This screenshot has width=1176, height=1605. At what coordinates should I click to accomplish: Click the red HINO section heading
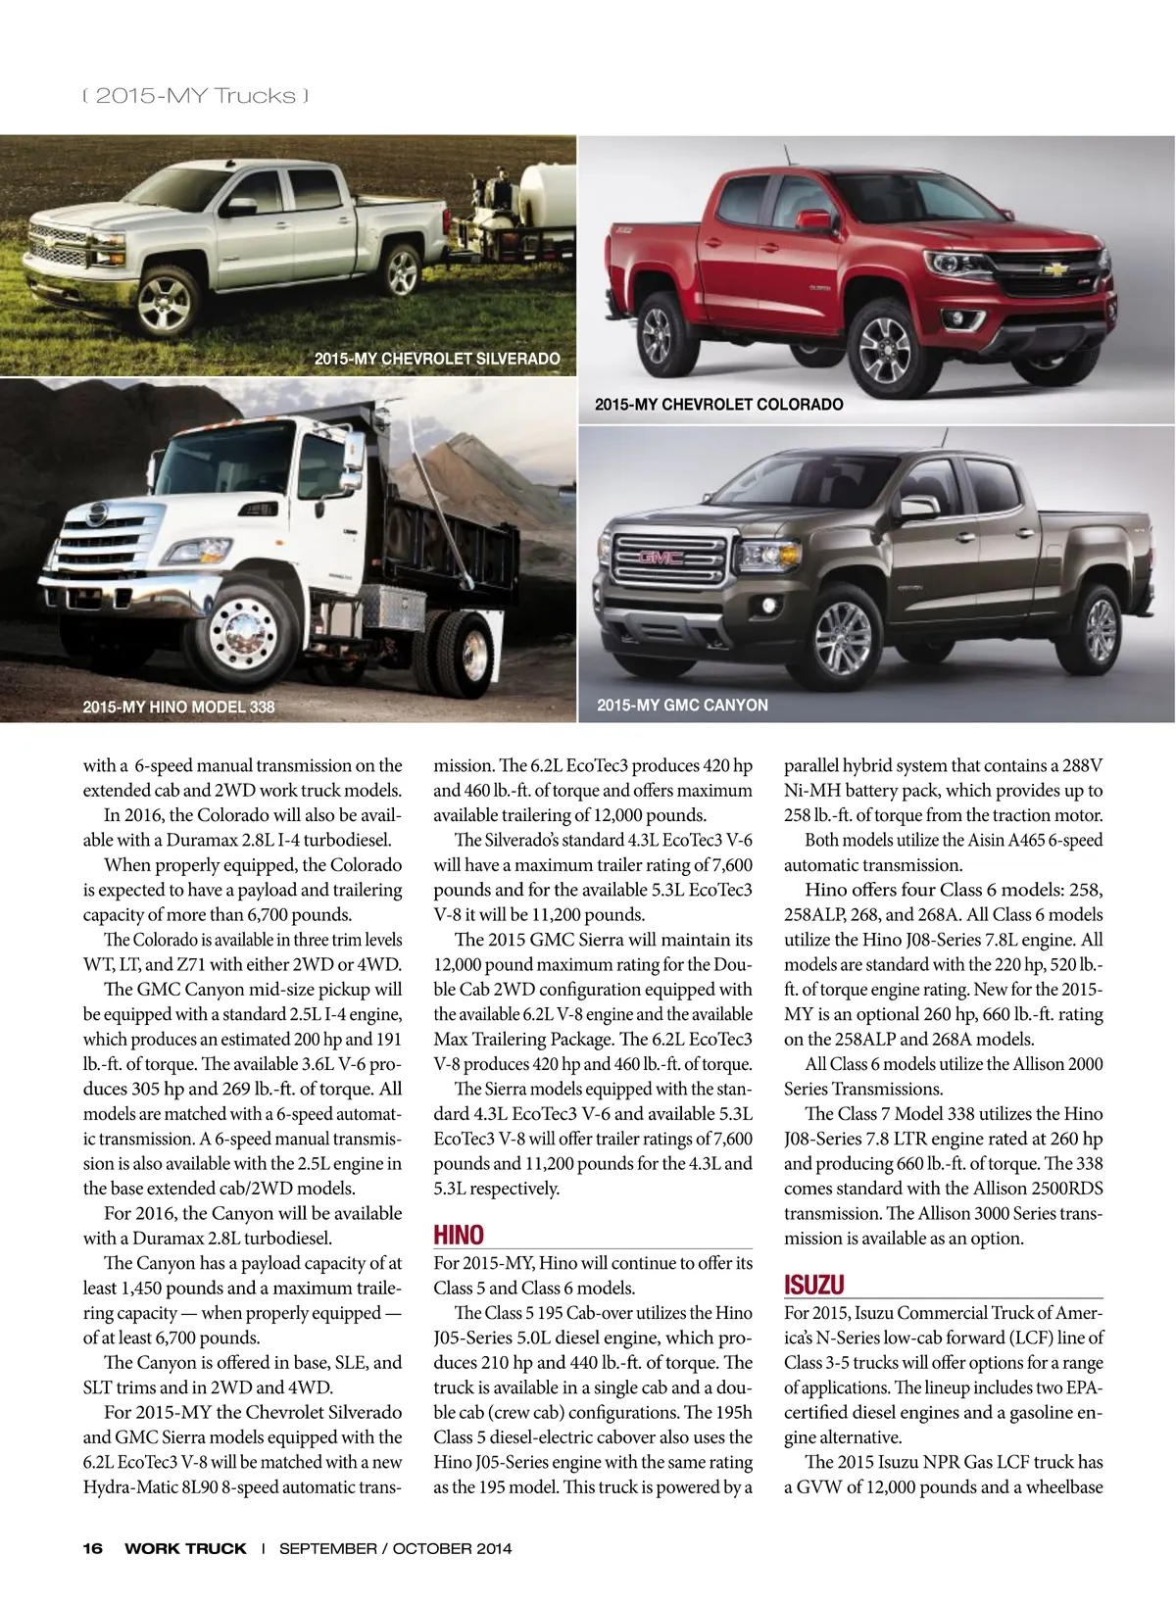(x=459, y=1236)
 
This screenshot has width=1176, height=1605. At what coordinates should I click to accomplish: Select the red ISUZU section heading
(x=813, y=1285)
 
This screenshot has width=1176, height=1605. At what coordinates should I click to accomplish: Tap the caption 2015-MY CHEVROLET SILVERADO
(x=437, y=359)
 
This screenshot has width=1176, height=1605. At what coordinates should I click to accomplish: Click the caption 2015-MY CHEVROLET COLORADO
(x=718, y=404)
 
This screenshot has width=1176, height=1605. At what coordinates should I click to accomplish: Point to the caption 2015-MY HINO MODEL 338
(x=178, y=706)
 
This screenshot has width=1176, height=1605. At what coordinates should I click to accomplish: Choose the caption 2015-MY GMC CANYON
(x=682, y=705)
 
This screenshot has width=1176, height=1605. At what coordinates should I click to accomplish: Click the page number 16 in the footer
(x=92, y=1549)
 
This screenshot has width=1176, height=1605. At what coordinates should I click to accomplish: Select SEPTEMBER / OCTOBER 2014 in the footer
(x=395, y=1549)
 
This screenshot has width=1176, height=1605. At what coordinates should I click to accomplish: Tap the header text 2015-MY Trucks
(x=196, y=96)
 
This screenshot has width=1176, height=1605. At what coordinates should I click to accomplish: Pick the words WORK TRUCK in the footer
(x=185, y=1549)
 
